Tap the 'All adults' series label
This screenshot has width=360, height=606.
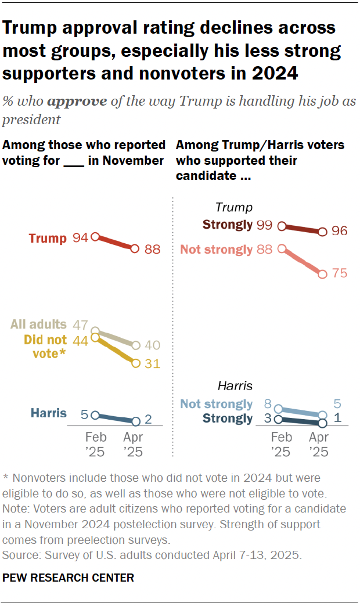coord(38,324)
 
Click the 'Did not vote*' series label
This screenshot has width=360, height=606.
coord(45,347)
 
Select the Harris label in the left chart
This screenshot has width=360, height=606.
coord(49,414)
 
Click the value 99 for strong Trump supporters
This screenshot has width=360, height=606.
coord(264,225)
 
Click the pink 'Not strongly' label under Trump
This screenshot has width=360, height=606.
coord(217,250)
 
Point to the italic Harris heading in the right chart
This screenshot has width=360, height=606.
coord(235,385)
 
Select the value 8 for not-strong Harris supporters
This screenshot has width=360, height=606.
coord(268,404)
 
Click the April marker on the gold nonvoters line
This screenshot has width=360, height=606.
coord(135,363)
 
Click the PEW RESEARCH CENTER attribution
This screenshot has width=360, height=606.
coord(69,578)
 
